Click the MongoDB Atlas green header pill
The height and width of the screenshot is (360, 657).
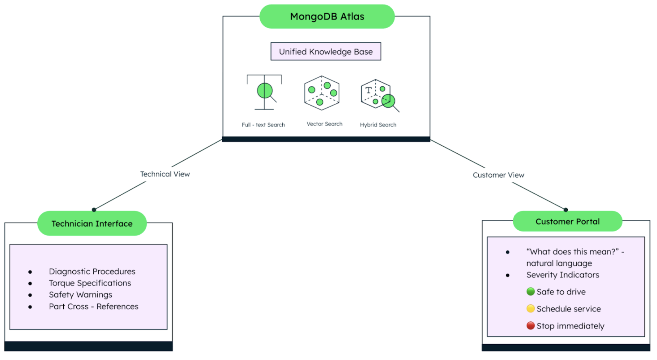tap(327, 17)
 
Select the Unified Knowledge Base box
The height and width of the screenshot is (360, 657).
tap(326, 52)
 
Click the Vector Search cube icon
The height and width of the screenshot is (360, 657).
tap(321, 93)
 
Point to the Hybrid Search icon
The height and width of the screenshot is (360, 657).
tap(380, 96)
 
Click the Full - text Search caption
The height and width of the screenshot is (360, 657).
tap(263, 125)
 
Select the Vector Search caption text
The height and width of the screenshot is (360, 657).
tap(324, 124)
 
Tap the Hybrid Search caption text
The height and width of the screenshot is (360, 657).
tap(378, 125)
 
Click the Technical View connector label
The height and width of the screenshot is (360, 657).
tap(165, 174)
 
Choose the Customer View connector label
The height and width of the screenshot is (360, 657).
tap(498, 175)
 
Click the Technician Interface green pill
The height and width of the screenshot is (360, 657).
tap(92, 224)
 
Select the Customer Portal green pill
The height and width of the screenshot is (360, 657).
tap(567, 222)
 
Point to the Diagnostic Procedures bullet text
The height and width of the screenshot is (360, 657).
tap(92, 272)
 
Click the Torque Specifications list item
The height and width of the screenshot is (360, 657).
tap(90, 283)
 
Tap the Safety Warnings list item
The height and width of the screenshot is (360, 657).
tap(80, 295)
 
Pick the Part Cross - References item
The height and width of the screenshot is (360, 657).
tap(93, 307)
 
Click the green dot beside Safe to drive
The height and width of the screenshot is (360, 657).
tap(530, 292)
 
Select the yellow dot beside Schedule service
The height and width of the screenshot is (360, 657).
tap(530, 309)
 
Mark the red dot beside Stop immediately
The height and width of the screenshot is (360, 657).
tap(530, 326)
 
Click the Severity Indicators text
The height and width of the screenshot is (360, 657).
tap(562, 275)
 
